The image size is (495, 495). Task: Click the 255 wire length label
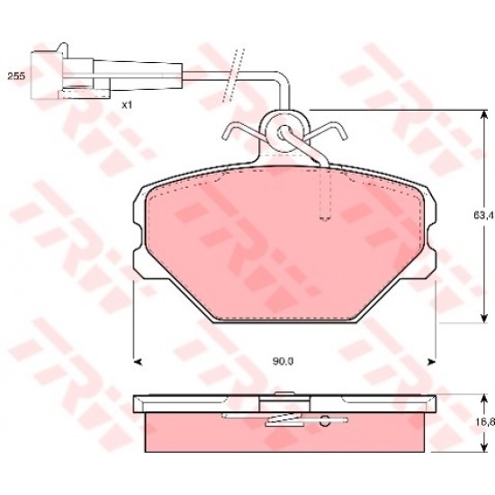[16, 76]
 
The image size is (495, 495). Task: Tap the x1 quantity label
[127, 105]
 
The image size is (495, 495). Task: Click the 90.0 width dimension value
[283, 361]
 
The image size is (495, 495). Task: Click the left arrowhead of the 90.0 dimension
[138, 362]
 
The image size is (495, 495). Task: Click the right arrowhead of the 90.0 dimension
[431, 362]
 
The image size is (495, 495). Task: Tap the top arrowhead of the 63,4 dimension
[483, 114]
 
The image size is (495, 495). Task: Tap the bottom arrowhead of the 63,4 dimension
[483, 319]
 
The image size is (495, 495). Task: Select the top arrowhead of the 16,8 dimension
[483, 399]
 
